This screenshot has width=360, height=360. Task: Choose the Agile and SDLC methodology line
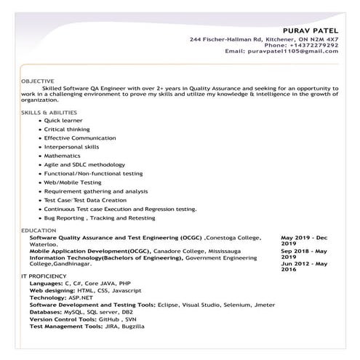(x=84, y=164)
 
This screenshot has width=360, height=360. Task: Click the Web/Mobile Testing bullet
(x=73, y=182)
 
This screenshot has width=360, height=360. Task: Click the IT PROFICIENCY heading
(x=43, y=277)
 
